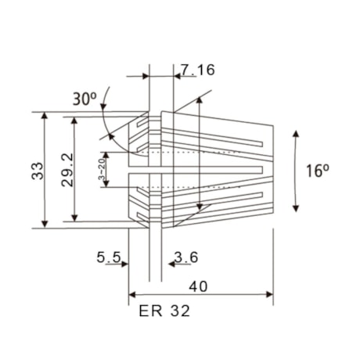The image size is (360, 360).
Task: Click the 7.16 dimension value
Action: pos(196,70)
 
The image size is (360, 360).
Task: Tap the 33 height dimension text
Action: pos(37,171)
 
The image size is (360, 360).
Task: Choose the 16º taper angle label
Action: pos(316,171)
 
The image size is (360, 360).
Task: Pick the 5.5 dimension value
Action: pos(109,256)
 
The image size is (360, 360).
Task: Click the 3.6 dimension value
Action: pos(185,256)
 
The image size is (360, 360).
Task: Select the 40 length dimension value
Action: pos(200,286)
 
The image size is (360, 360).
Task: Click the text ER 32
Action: pos(164,311)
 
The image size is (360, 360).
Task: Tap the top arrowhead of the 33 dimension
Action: pos(45,116)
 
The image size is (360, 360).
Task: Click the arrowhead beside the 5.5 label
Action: pos(125,265)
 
